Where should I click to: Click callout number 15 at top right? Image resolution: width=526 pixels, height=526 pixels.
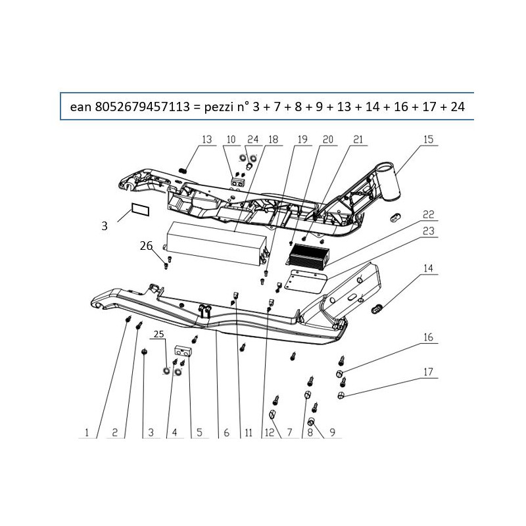[x=429, y=139]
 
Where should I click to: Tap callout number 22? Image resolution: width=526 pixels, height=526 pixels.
[x=429, y=214]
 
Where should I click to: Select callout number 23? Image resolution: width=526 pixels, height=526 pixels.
[x=429, y=231]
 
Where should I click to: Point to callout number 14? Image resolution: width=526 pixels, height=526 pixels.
[x=429, y=268]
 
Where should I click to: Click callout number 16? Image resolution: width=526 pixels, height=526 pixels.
[x=429, y=337]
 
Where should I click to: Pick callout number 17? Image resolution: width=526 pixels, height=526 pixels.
[x=429, y=372]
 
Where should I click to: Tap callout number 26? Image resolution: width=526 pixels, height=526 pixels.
[x=146, y=246]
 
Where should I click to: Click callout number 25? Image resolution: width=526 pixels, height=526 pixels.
[x=159, y=334]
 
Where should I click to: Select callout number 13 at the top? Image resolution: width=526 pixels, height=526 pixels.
[x=207, y=139]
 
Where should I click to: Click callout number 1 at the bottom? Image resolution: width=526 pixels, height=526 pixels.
[x=87, y=433]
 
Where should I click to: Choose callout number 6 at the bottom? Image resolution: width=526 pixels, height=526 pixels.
[x=226, y=433]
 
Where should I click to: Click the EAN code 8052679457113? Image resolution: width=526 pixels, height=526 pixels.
[x=143, y=107]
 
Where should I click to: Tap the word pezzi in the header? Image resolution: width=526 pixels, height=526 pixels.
[x=220, y=107]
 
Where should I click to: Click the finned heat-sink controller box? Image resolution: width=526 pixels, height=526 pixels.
[x=308, y=257]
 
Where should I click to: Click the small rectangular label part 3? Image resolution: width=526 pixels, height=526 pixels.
[x=140, y=209]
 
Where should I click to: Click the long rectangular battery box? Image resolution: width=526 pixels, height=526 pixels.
[x=216, y=243]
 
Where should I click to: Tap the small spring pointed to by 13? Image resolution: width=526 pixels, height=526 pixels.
[x=183, y=171]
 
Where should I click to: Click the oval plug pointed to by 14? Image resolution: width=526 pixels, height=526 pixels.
[x=377, y=308]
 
